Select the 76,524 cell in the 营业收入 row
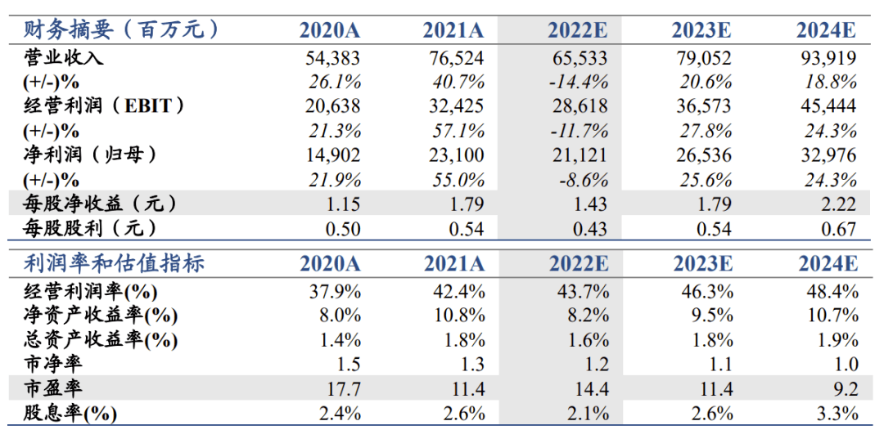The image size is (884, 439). [x=456, y=58]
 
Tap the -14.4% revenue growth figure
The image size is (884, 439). [x=578, y=82]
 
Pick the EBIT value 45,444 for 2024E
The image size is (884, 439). [x=828, y=106]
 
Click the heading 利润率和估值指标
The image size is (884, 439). [x=114, y=263]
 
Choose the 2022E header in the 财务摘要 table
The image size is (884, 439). [x=578, y=31]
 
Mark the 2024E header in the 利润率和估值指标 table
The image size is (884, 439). [x=827, y=264]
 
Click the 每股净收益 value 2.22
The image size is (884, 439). [x=838, y=204]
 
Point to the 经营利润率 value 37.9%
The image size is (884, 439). [x=336, y=291]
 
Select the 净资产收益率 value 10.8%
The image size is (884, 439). [x=460, y=316]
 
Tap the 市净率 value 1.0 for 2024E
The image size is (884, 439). [x=844, y=365]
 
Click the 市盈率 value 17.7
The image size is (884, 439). [x=345, y=389]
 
